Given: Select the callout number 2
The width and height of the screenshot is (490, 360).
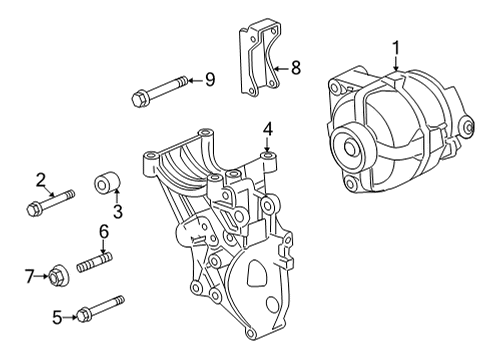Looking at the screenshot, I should (x=42, y=180).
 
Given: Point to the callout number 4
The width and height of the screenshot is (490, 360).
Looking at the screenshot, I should (x=267, y=128).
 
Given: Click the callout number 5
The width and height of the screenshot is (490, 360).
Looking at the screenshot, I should (x=58, y=318).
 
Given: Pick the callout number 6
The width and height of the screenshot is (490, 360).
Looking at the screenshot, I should (x=102, y=232).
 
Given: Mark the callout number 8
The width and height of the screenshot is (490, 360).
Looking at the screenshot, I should (x=295, y=69).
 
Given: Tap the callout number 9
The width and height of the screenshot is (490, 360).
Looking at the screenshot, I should (x=209, y=79).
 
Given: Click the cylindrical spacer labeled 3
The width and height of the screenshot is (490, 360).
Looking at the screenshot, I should (x=107, y=185).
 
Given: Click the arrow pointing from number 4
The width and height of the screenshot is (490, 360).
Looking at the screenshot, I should (x=267, y=144).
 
